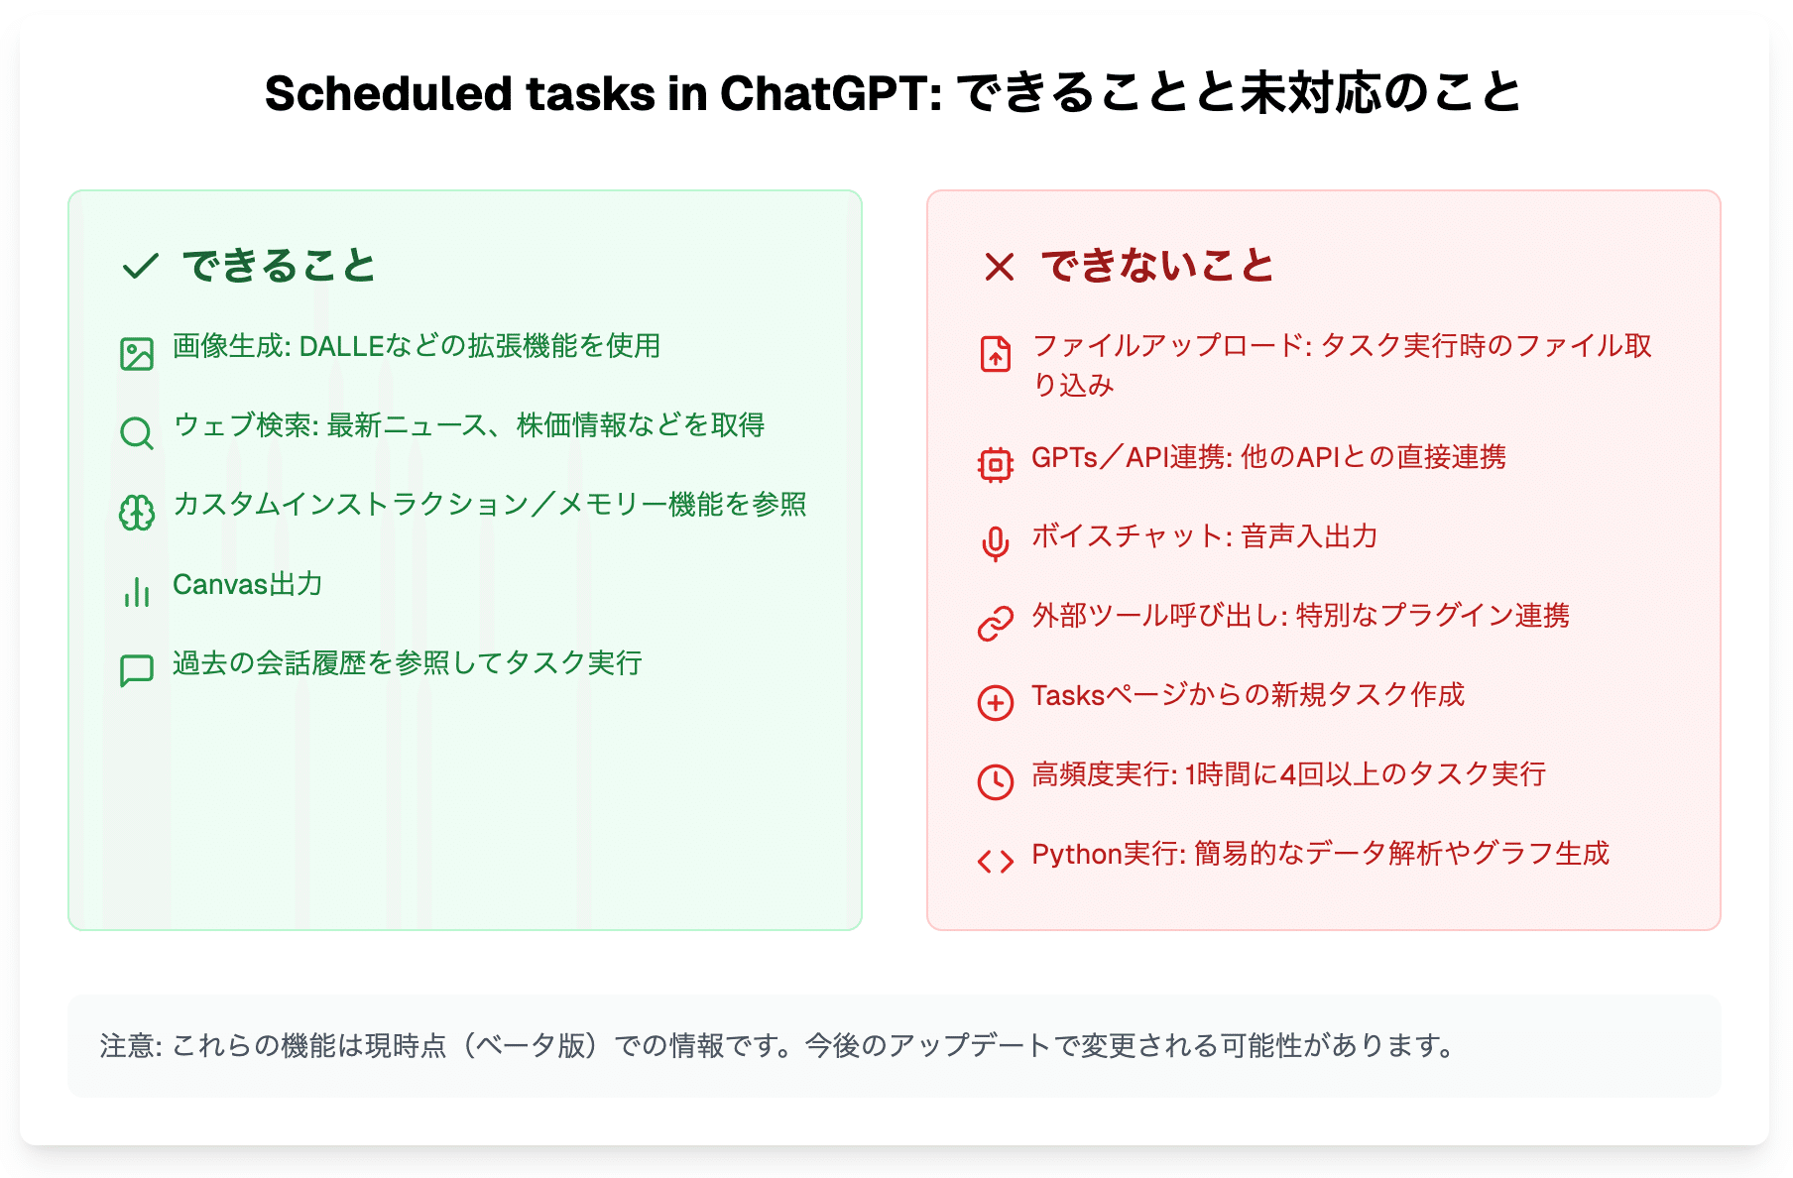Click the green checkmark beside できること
(x=140, y=266)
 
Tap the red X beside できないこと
(x=999, y=266)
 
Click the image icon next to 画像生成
(x=137, y=354)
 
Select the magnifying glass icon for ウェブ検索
(x=137, y=433)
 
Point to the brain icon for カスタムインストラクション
(x=137, y=513)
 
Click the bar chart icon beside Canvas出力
(x=137, y=592)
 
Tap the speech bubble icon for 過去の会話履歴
(x=137, y=671)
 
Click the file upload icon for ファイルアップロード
(x=996, y=354)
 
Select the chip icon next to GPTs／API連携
(x=996, y=465)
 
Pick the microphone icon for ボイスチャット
(x=996, y=544)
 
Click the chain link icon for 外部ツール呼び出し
(x=996, y=624)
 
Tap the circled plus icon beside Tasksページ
(x=996, y=703)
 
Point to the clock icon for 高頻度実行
(x=996, y=782)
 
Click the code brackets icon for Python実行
(x=996, y=862)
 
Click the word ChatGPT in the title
(x=831, y=94)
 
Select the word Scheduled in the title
(x=389, y=94)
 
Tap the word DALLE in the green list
(x=341, y=346)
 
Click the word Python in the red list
(x=1077, y=855)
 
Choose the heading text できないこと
(x=1157, y=266)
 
